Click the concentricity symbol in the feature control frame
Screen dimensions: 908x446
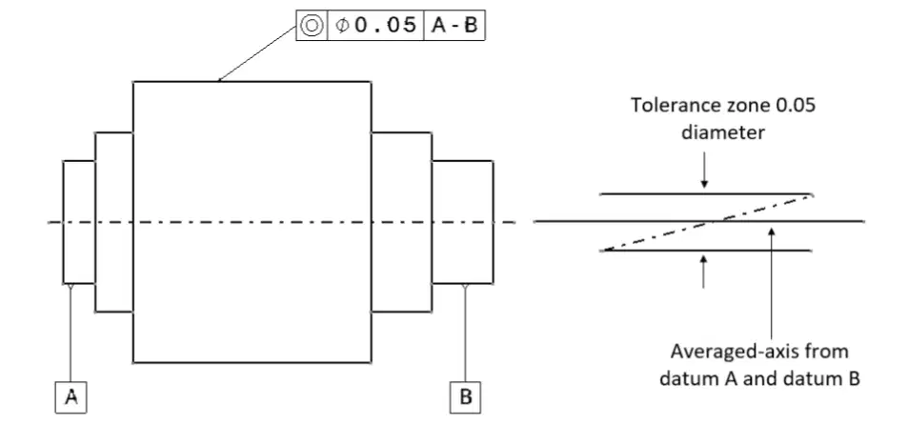(x=312, y=26)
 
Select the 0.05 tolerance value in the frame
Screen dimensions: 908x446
(x=386, y=25)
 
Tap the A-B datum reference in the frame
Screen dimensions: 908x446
(x=454, y=26)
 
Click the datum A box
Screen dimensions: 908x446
(x=71, y=397)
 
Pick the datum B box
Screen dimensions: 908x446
(x=465, y=397)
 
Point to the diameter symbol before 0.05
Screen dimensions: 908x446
(x=342, y=26)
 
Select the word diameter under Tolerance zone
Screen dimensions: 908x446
(x=723, y=132)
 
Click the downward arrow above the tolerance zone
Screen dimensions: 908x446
(x=704, y=171)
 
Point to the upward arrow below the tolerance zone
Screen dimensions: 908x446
(x=703, y=272)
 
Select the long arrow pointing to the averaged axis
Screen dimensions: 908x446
(x=772, y=283)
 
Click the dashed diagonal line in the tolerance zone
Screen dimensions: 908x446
(x=708, y=223)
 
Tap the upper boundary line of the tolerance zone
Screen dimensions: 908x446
(x=706, y=194)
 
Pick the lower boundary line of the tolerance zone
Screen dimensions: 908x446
(x=706, y=251)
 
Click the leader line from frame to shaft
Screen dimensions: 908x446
(x=257, y=53)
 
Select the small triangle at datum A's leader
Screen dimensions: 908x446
(x=71, y=287)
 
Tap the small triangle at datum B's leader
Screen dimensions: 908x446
(x=465, y=287)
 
